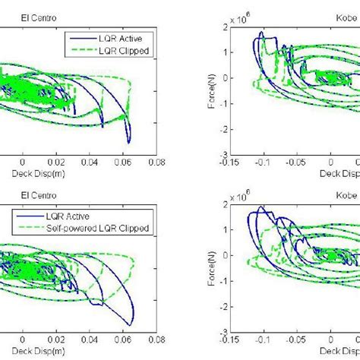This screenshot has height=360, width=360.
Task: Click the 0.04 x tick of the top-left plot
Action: coord(90,162)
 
